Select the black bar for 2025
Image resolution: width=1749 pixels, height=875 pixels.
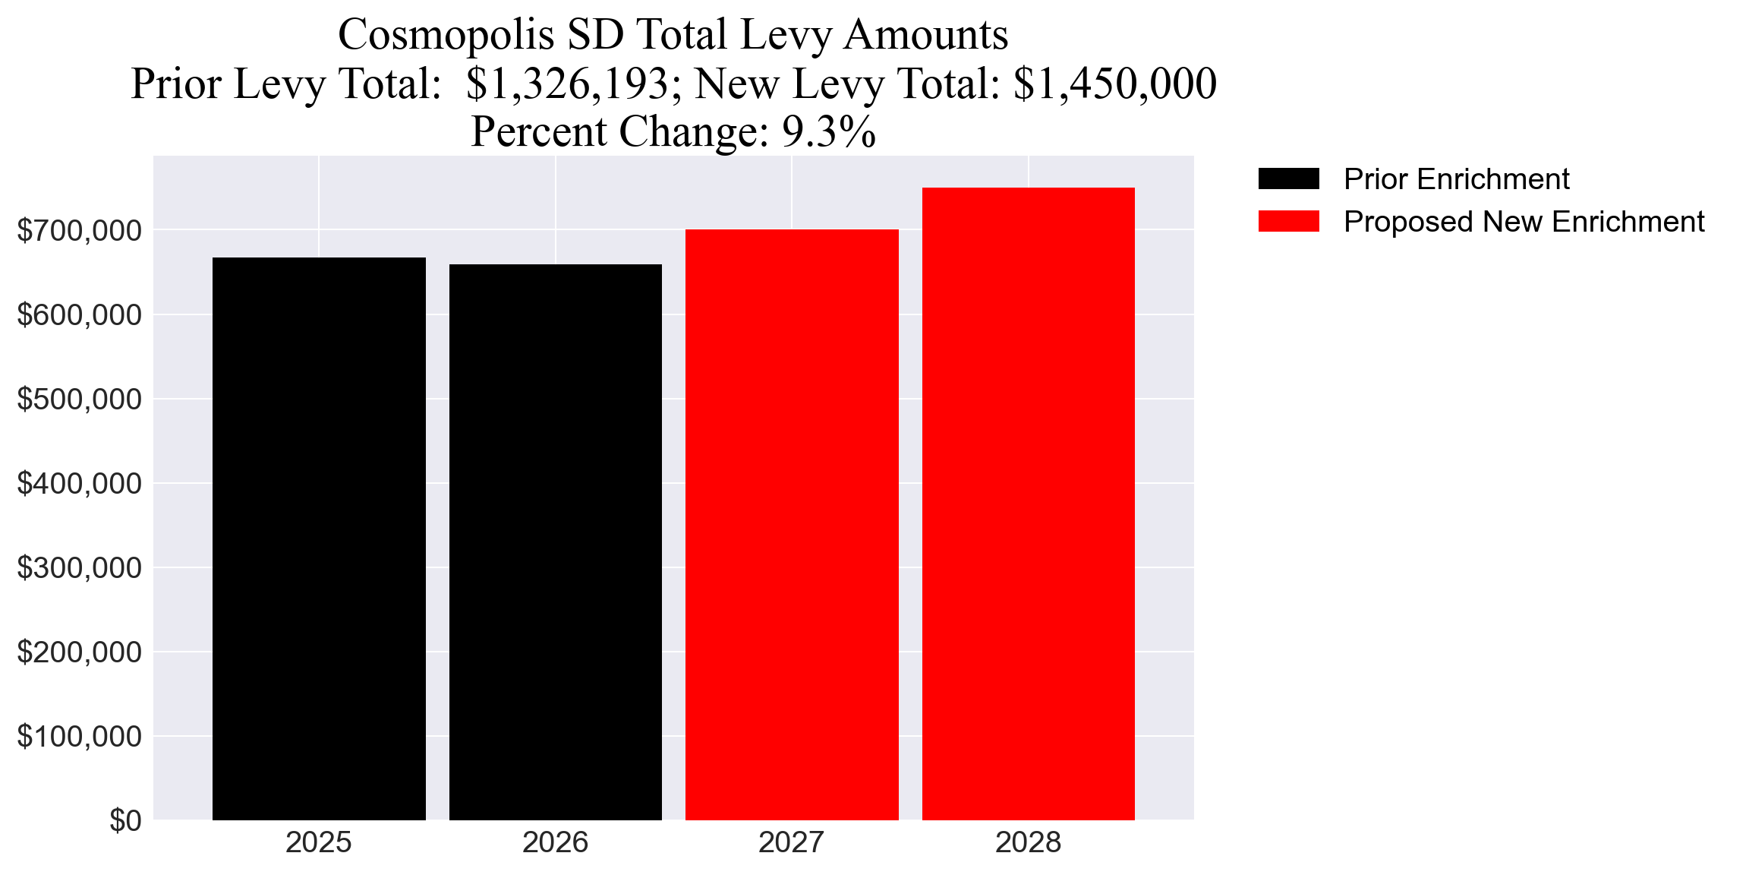point(319,539)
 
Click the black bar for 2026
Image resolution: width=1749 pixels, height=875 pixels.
point(555,542)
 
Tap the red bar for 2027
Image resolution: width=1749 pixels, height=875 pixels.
point(792,524)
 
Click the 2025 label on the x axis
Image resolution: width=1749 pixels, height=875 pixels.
point(319,843)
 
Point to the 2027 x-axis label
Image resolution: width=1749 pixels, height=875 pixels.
point(792,843)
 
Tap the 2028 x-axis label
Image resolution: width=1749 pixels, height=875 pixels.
point(1028,843)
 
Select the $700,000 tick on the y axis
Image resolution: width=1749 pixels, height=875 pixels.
point(79,231)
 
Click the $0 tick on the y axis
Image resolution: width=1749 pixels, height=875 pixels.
point(125,821)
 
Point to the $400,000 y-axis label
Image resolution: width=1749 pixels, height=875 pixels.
point(79,484)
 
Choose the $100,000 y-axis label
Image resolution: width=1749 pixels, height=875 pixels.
point(79,737)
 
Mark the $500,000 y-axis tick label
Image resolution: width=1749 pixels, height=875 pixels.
point(79,400)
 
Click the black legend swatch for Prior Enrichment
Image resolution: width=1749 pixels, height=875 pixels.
point(1288,179)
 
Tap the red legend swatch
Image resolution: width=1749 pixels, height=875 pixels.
point(1288,222)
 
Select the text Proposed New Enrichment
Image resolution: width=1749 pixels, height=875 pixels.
point(1524,222)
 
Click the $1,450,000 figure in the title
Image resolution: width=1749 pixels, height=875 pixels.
point(1115,84)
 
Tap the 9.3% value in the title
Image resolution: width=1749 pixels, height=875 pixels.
point(829,132)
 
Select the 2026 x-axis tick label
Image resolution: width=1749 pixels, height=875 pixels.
point(555,843)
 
